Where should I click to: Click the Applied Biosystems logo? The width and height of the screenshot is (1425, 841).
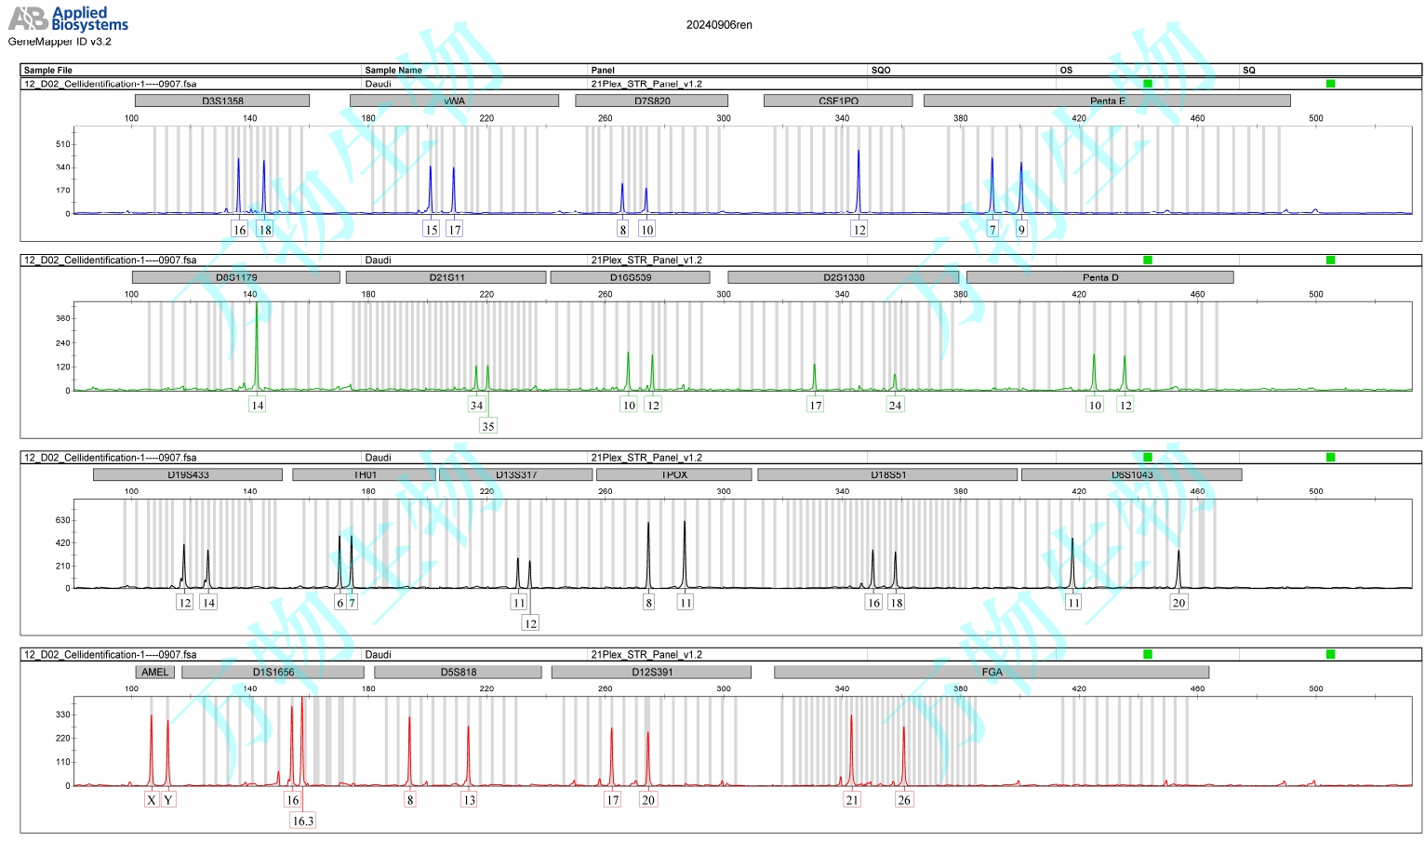click(x=68, y=19)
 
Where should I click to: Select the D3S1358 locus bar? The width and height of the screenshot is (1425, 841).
click(x=222, y=100)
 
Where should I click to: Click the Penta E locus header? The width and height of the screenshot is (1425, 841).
click(x=1107, y=100)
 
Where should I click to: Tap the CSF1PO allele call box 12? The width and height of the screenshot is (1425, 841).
click(x=859, y=230)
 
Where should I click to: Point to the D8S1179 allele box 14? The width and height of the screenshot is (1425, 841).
click(x=258, y=405)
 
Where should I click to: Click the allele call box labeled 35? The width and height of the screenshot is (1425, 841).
click(x=488, y=426)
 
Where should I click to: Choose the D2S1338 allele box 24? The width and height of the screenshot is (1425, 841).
click(x=895, y=405)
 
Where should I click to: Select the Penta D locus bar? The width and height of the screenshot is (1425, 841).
click(x=1099, y=277)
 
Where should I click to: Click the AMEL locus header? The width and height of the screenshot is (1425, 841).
click(x=155, y=672)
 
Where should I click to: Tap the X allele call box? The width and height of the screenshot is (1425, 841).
click(x=152, y=800)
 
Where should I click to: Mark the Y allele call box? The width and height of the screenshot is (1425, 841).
click(x=168, y=800)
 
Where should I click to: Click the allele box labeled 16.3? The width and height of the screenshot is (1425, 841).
click(x=303, y=821)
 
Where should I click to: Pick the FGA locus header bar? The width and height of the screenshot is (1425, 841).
click(x=992, y=672)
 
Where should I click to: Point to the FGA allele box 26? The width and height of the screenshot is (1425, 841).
click(x=904, y=800)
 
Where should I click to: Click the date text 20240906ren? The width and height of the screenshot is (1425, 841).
click(x=719, y=25)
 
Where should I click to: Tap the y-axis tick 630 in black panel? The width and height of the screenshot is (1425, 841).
click(x=63, y=520)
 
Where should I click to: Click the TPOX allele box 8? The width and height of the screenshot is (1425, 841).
click(x=649, y=603)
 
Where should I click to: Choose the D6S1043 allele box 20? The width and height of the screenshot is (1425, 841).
click(x=1179, y=603)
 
